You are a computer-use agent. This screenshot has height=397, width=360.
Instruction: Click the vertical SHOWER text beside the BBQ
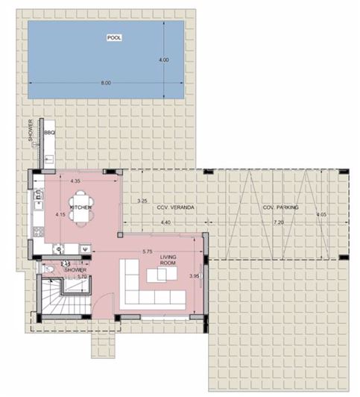tap(31, 131)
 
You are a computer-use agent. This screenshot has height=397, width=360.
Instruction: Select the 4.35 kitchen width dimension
tap(75, 181)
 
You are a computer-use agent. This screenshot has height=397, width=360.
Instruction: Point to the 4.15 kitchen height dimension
tap(60, 215)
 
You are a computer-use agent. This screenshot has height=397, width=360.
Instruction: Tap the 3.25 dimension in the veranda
tap(145, 201)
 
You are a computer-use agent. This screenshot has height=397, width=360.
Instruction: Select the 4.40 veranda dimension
tap(165, 222)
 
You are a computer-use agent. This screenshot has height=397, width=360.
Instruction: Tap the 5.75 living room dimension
tap(147, 251)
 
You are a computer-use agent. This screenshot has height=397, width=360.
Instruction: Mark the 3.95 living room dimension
tap(195, 276)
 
